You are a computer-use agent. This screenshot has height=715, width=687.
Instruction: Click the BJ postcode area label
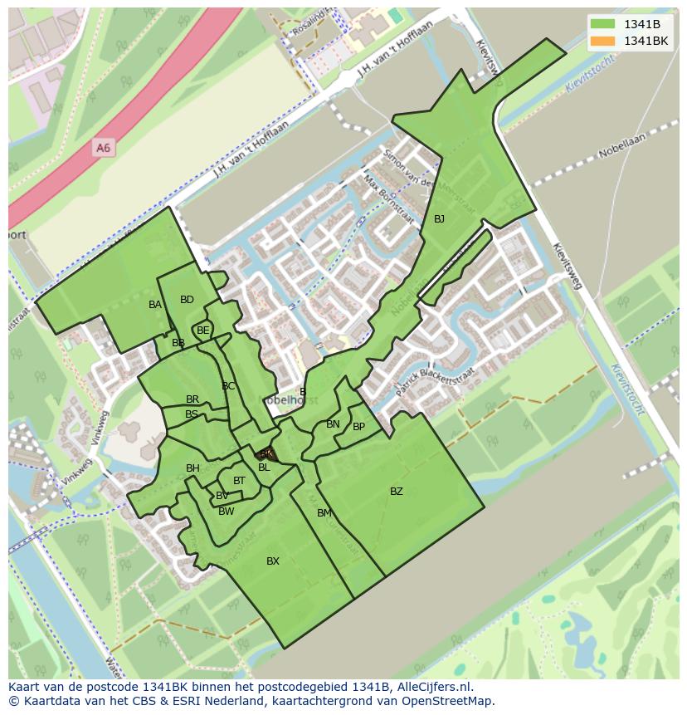[439, 219]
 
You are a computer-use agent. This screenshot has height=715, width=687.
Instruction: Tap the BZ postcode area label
[397, 492]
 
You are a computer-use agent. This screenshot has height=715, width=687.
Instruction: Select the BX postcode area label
[273, 561]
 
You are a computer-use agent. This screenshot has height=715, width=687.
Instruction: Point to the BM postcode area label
[324, 513]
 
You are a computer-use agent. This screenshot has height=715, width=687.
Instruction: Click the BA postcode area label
[155, 305]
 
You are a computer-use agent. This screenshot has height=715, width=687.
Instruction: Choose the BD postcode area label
[187, 300]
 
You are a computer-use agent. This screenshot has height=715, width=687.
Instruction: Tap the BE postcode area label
[203, 330]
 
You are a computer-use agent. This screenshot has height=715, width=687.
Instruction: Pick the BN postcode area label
[333, 424]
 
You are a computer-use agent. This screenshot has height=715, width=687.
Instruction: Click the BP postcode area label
[358, 427]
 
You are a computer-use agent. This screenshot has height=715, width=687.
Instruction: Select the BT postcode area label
[239, 481]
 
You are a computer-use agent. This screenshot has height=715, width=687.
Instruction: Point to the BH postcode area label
[192, 468]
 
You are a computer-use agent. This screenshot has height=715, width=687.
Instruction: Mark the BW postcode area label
[227, 512]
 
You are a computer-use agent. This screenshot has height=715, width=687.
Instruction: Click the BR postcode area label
[192, 399]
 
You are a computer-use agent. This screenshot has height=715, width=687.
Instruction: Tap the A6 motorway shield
[103, 148]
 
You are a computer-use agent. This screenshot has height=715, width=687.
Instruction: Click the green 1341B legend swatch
[603, 24]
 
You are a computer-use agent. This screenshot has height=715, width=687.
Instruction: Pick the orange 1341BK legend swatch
[603, 41]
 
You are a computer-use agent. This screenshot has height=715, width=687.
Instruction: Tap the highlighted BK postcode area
[266, 453]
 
